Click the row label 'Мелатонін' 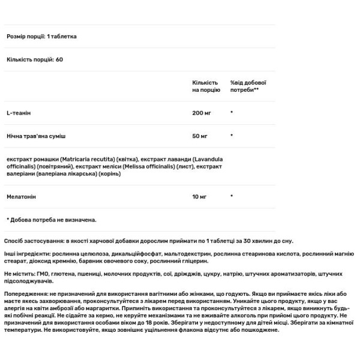point(22,196)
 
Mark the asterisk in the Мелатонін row point(232,196)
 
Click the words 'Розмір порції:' point(26,36)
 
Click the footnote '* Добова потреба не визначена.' point(52,220)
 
